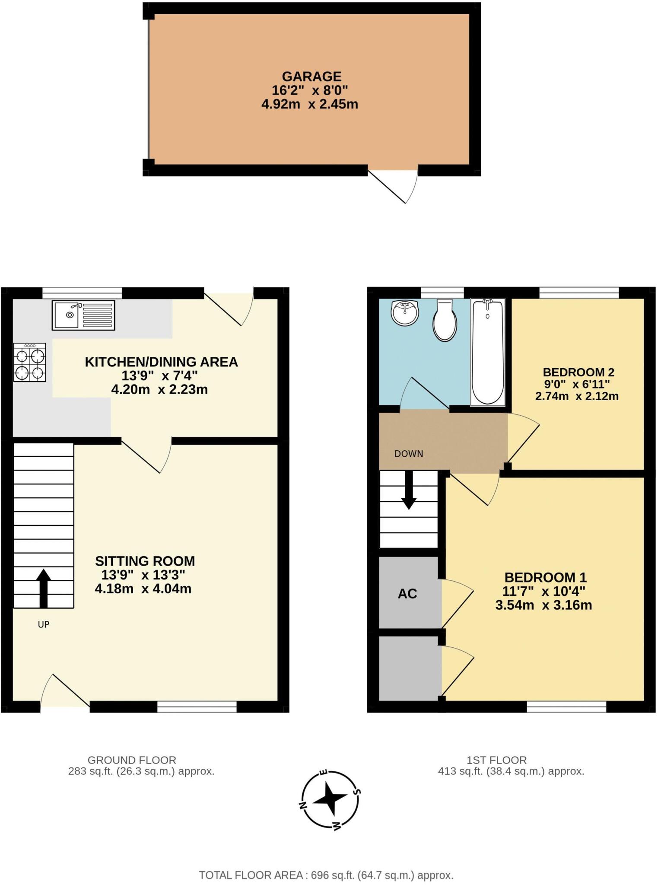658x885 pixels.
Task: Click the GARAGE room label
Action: click(312, 76)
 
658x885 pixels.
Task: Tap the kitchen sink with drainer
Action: click(83, 315)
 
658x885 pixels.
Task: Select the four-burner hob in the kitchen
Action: click(29, 362)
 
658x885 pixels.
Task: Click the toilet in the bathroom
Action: click(445, 321)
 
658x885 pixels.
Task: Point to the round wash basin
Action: click(405, 313)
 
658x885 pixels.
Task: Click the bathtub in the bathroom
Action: click(487, 351)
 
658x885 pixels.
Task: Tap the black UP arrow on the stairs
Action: click(43, 588)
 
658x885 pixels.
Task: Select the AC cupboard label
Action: click(407, 594)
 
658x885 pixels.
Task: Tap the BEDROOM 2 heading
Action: click(579, 372)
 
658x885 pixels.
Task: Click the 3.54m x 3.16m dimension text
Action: click(544, 605)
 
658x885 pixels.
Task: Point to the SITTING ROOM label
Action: click(145, 561)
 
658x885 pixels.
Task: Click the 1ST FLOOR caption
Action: click(496, 760)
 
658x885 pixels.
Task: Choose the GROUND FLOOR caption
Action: click(132, 760)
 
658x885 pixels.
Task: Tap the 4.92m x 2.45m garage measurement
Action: click(309, 104)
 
